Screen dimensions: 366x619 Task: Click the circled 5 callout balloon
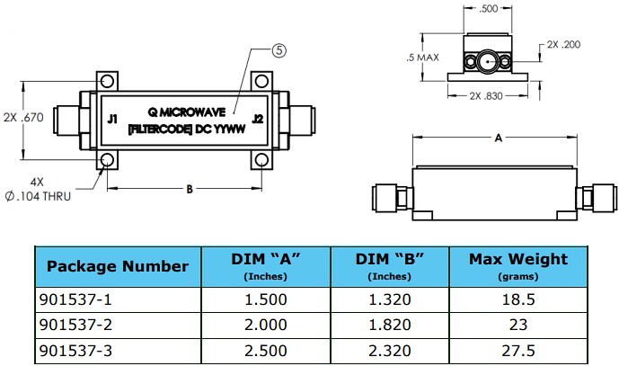(279, 51)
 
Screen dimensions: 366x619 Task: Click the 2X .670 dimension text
(25, 118)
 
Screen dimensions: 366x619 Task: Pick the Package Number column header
(117, 265)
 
